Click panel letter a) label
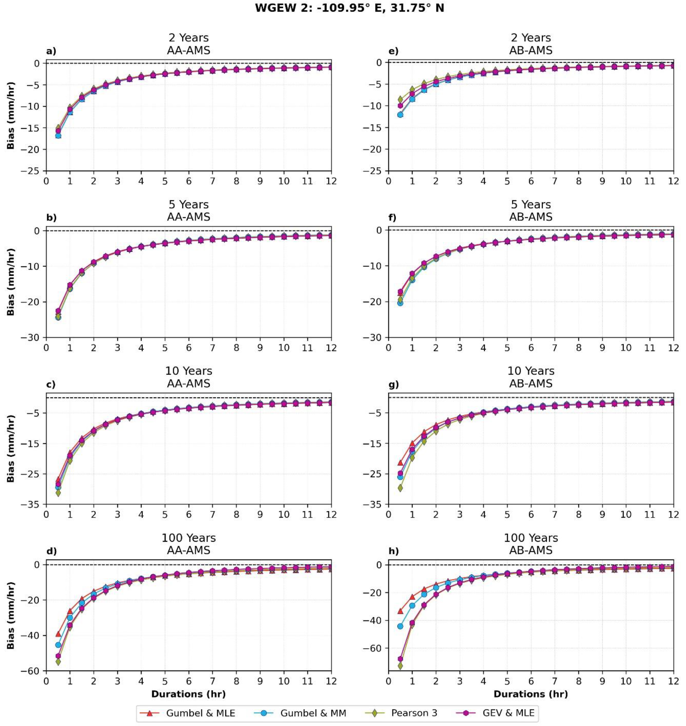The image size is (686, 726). pyautogui.click(x=51, y=51)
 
